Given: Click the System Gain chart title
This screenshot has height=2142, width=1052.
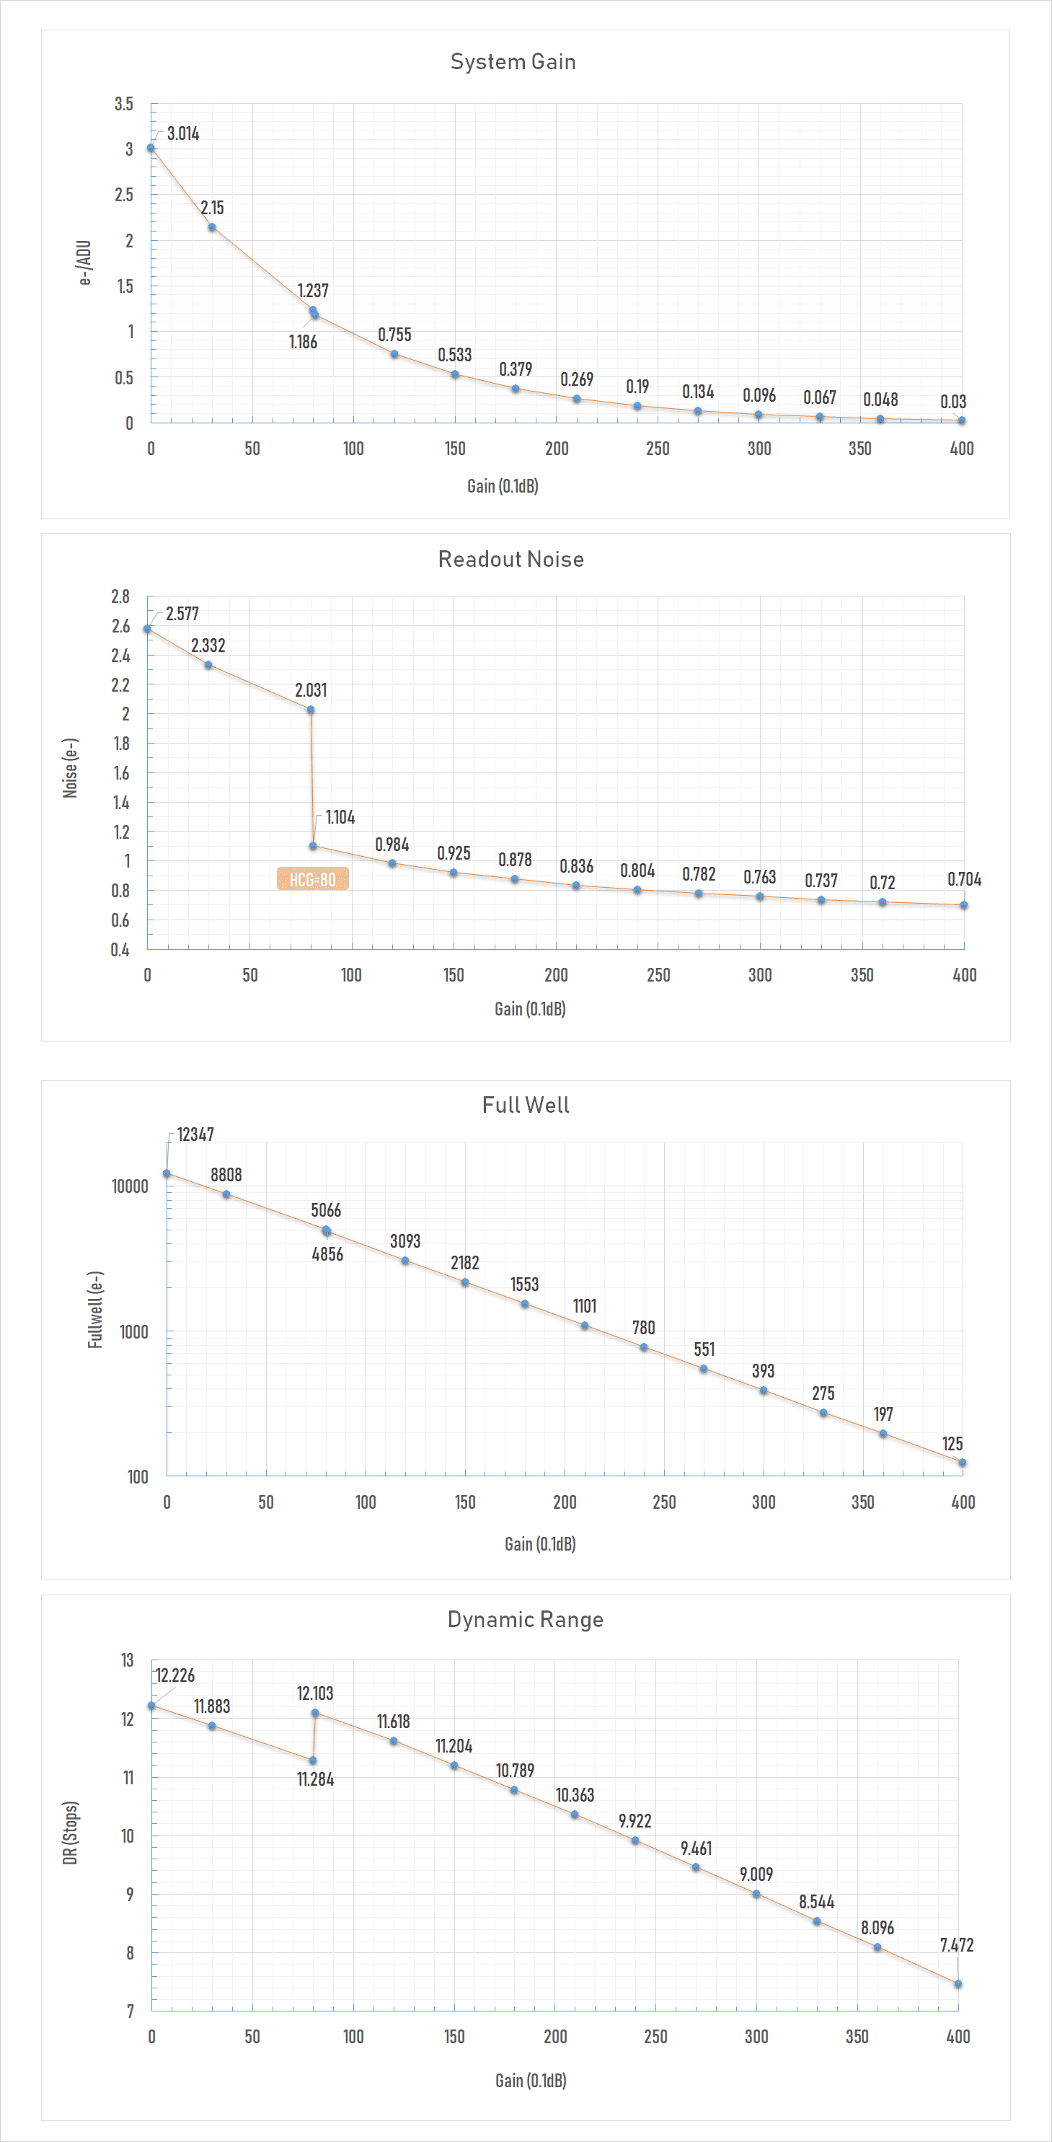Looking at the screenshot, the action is click(513, 61).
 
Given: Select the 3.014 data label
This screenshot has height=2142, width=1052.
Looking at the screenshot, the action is click(183, 134).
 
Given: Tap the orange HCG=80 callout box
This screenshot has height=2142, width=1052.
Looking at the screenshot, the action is click(313, 879).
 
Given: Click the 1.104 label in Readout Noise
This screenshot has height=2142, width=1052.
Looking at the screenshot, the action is click(340, 817).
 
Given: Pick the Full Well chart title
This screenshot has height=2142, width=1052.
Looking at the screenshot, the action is click(526, 1105).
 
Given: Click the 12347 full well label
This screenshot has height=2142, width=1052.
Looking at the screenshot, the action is click(195, 1134).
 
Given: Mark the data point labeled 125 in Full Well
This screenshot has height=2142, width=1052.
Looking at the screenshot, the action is click(962, 1463).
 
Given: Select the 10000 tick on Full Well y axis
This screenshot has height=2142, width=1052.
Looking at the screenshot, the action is click(130, 1186).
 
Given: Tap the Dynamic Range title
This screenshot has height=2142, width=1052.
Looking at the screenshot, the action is click(526, 1619).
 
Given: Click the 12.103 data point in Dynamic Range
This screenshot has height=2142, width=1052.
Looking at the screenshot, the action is click(315, 1713).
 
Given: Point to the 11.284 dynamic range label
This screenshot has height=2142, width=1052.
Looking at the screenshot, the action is click(316, 1779).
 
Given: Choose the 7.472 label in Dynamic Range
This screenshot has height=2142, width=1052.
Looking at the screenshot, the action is click(958, 1945).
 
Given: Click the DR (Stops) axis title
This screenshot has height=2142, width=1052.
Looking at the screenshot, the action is click(71, 1833).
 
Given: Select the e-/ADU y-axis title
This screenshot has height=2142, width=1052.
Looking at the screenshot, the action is click(85, 263).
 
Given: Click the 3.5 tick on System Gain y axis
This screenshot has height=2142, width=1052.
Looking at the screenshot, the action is click(124, 104).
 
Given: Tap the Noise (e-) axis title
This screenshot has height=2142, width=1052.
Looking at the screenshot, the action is click(71, 768).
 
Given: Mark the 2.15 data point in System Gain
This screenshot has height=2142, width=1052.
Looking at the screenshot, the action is click(212, 227).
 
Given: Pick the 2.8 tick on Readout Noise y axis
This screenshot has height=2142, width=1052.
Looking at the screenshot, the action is click(120, 596).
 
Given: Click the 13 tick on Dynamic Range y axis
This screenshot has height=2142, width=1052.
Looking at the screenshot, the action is click(127, 1660).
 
